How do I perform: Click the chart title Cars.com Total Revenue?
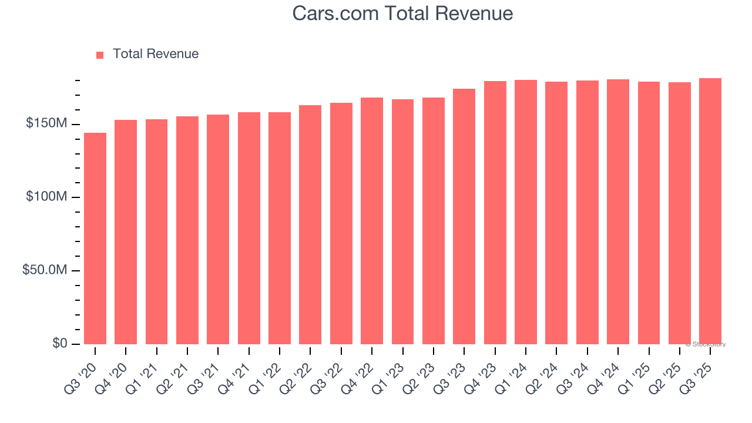[x=402, y=14]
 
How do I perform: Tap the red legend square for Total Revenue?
[x=100, y=55]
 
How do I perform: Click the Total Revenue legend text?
[x=156, y=54]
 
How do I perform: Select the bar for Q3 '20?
[x=95, y=238]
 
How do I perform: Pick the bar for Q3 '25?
[x=710, y=211]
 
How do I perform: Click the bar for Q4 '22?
[x=372, y=220]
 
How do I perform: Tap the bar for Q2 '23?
[x=434, y=220]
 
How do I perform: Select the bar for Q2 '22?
[x=310, y=224]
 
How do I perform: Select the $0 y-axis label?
[x=59, y=343]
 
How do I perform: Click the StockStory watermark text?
[x=706, y=344]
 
